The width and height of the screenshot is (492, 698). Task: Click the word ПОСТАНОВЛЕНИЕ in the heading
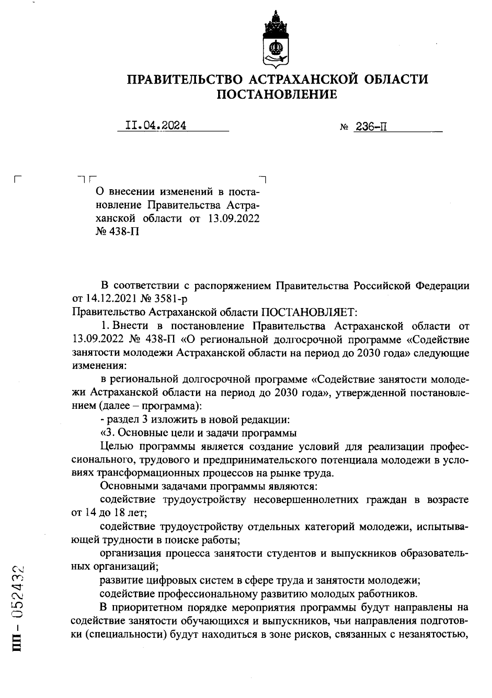tap(277, 95)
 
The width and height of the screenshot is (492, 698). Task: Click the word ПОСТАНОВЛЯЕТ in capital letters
tap(310, 313)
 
